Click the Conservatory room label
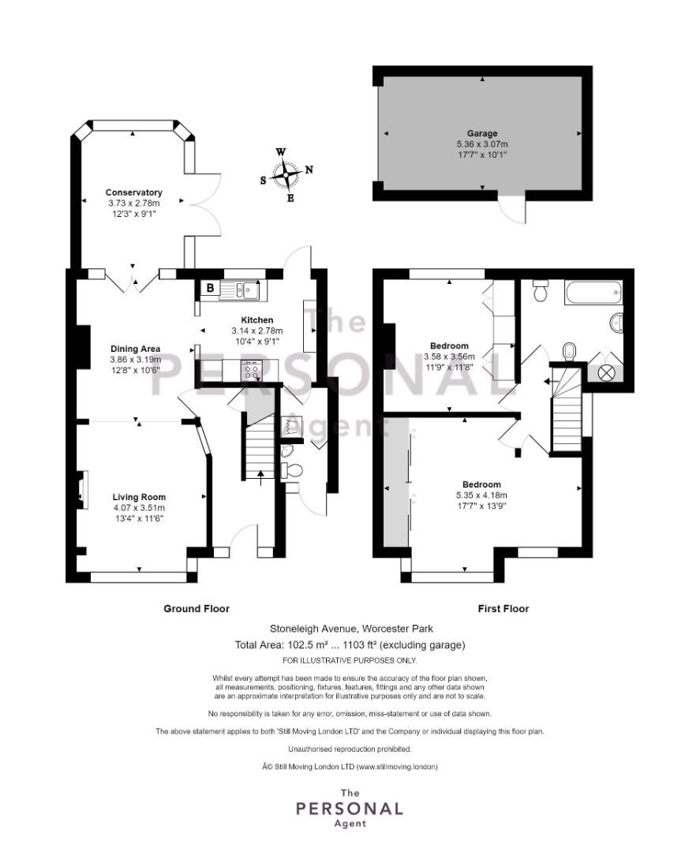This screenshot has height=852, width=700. [x=134, y=192]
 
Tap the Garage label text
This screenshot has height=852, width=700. [x=481, y=133]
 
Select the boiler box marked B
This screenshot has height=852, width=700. [x=209, y=289]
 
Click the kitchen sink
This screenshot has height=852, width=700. [x=245, y=290]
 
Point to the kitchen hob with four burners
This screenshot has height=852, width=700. [x=253, y=368]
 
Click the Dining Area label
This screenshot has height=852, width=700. [x=135, y=349]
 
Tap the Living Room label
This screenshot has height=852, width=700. [x=139, y=497]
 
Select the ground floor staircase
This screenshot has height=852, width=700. [x=260, y=446]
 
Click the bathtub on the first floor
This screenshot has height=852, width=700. [x=593, y=295]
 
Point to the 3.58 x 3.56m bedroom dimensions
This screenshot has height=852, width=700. [x=450, y=357]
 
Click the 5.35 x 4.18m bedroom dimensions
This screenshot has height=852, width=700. [x=481, y=495]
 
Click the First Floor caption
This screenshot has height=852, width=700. [x=503, y=608]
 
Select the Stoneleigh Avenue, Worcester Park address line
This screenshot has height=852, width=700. [x=350, y=629]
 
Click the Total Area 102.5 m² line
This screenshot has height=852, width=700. [x=350, y=645]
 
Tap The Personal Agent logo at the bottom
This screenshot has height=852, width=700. [x=349, y=809]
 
